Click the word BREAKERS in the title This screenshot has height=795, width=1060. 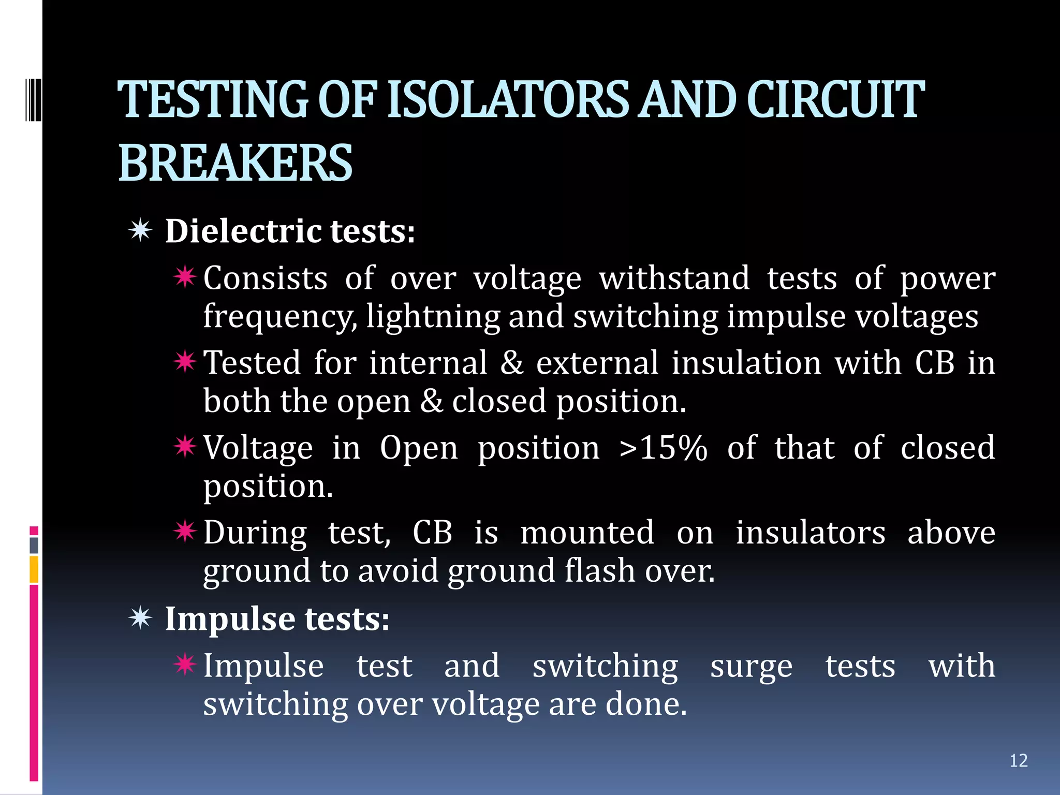(235, 163)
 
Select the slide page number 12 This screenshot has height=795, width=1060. (1018, 760)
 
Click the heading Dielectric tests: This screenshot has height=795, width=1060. (290, 231)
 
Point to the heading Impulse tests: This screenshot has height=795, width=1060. (277, 619)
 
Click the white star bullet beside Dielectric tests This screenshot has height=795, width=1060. (140, 230)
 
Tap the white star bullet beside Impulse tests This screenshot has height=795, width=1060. (140, 618)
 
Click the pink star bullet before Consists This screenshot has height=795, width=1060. (185, 277)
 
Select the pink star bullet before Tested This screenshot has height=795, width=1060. (185, 362)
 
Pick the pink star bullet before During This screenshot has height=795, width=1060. (185, 532)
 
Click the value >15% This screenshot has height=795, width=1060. (663, 448)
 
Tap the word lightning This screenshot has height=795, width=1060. (433, 316)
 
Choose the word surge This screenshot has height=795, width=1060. (751, 666)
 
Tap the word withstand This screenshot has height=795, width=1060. (674, 278)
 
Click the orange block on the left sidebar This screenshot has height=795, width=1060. (34, 569)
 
